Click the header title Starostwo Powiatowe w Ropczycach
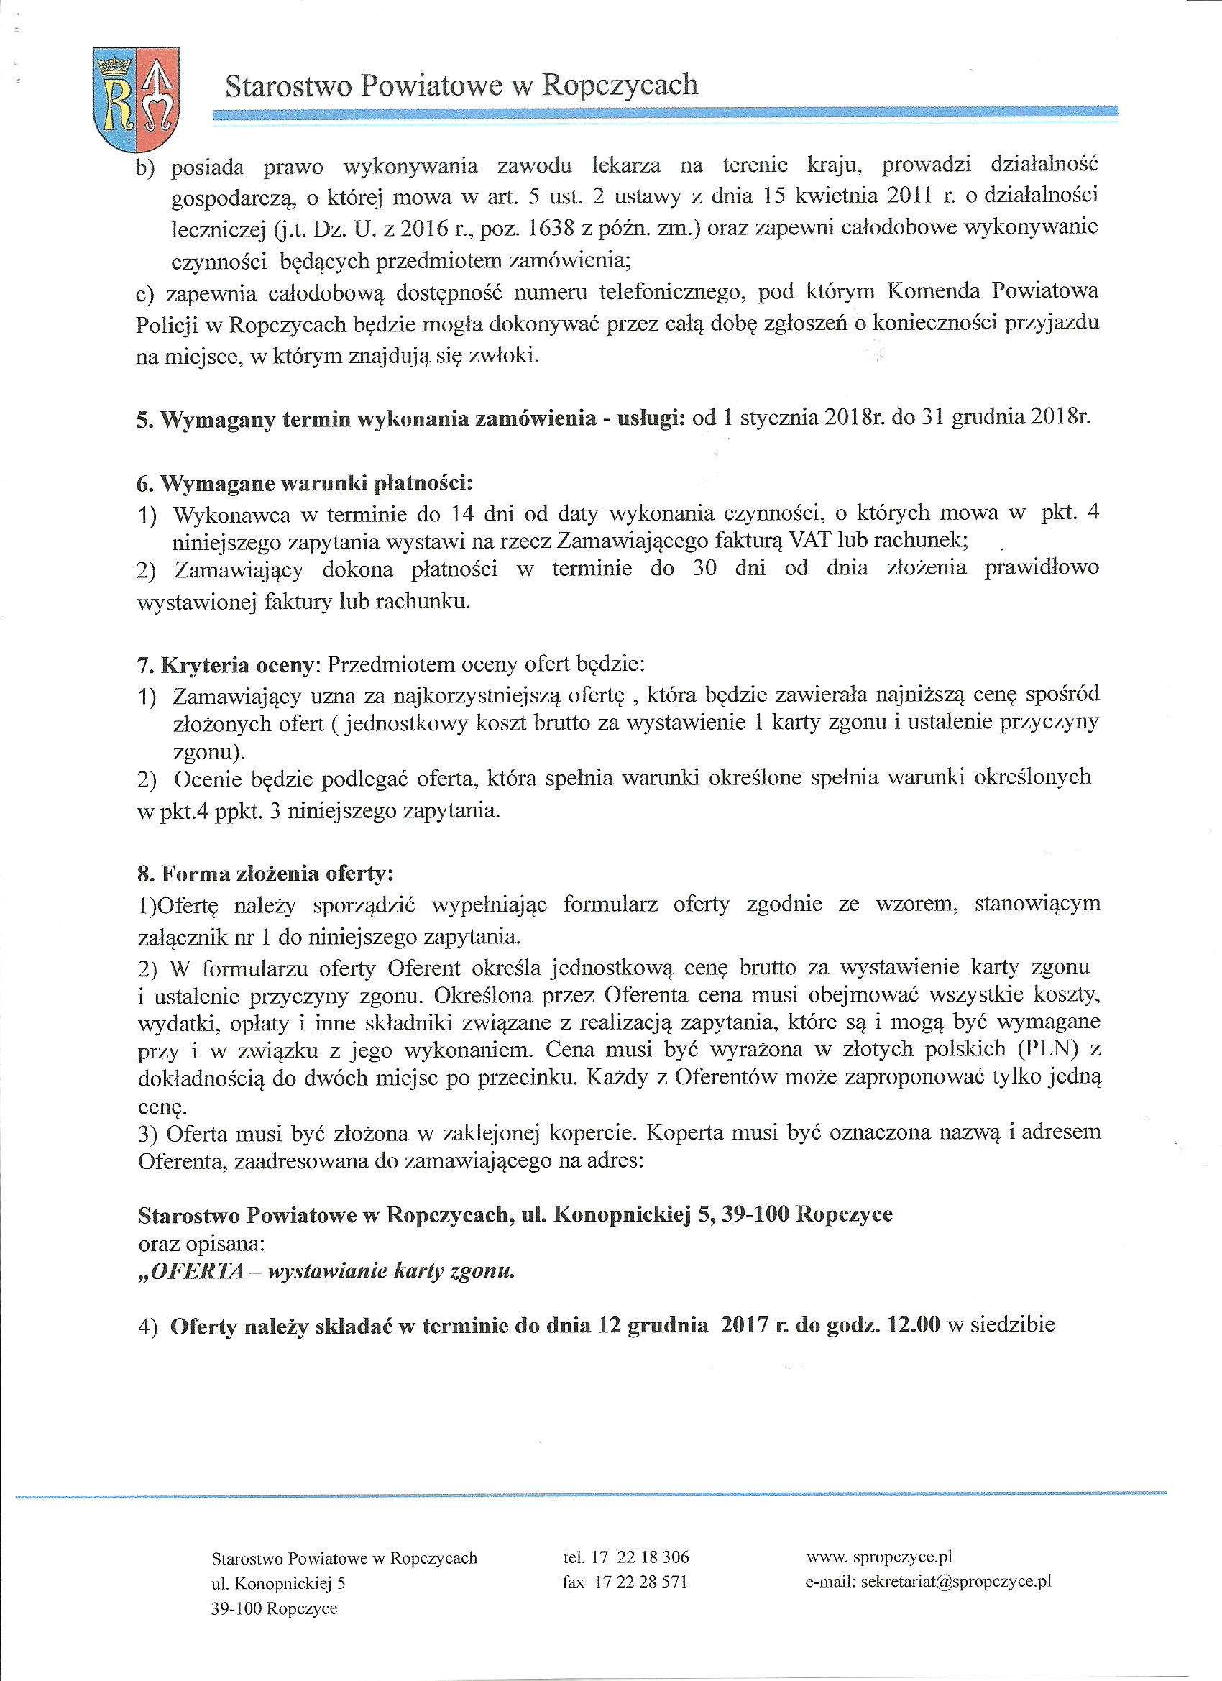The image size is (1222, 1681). pos(461,86)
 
